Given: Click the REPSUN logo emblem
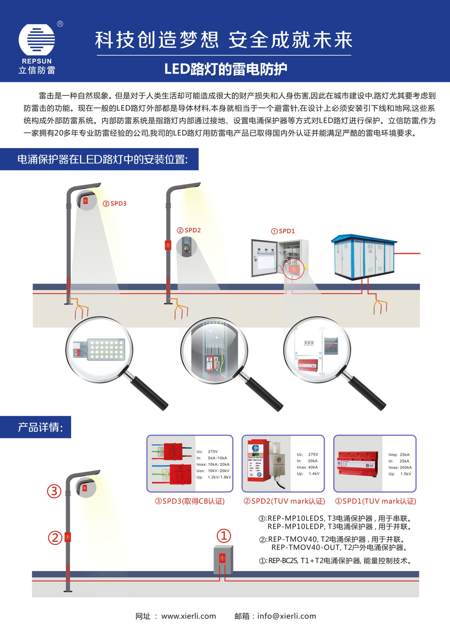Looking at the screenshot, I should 37,40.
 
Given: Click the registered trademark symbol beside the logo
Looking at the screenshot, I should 60,24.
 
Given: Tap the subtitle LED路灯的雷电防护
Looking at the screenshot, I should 225,69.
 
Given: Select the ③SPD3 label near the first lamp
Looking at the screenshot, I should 115,204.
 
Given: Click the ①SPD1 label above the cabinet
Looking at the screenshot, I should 283,231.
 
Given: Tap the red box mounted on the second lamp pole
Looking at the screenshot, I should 168,245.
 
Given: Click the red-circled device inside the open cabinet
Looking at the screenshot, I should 293,269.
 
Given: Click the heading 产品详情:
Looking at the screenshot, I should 40,427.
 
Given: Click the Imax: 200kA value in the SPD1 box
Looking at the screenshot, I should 400,467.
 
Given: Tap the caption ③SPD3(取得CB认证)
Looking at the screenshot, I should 190,501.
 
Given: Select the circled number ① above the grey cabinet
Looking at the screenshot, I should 224,536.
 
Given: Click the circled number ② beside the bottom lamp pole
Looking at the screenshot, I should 55,538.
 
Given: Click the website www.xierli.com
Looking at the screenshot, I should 189,616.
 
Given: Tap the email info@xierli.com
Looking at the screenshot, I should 286,616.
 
